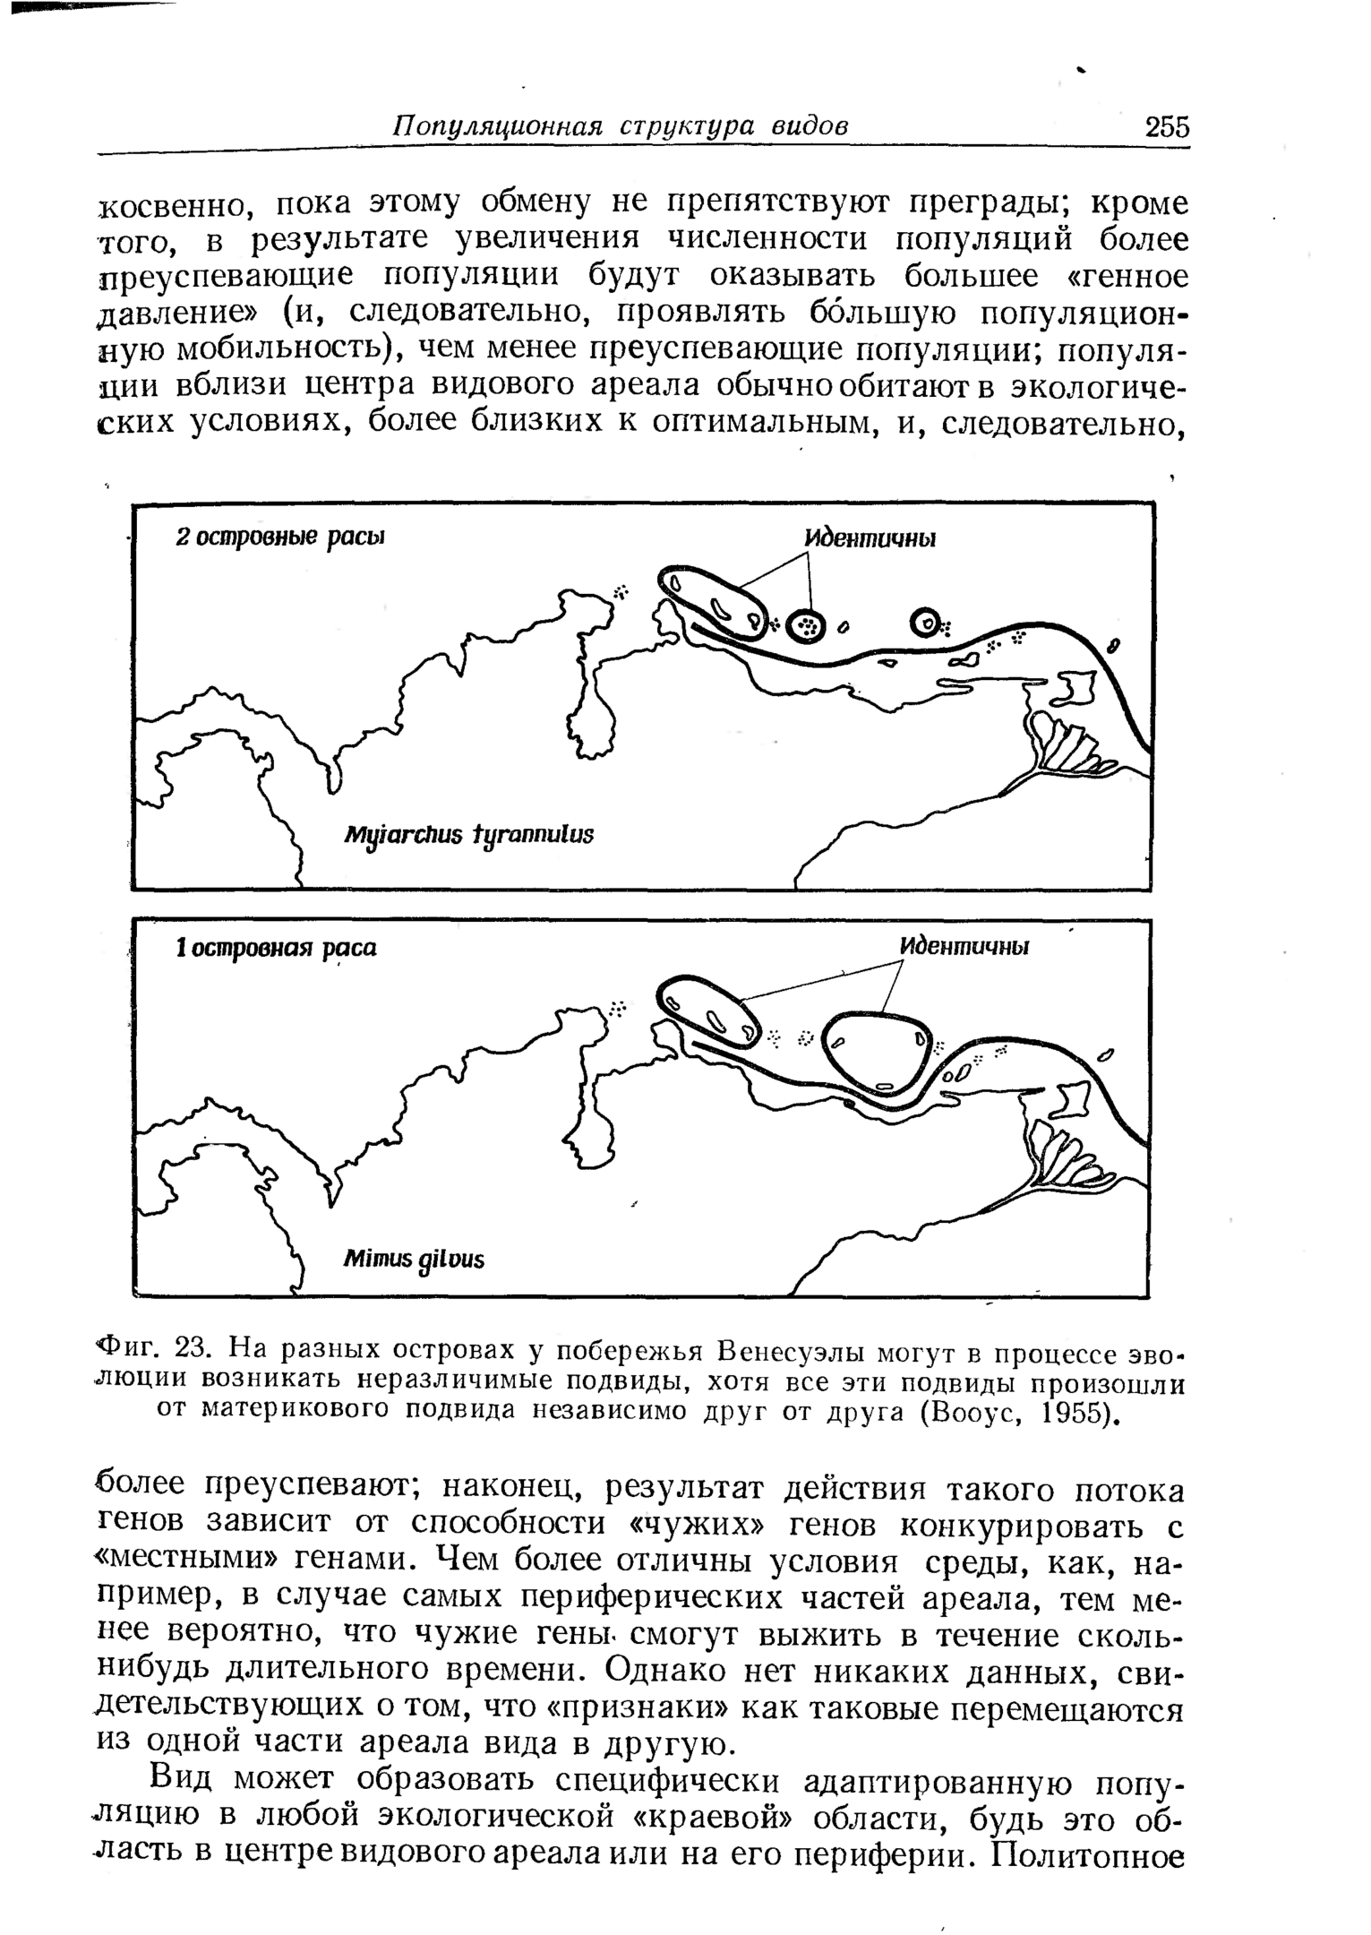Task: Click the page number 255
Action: point(1167,126)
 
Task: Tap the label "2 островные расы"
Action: point(279,537)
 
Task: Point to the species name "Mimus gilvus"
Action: point(414,1259)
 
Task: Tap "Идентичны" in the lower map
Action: point(964,947)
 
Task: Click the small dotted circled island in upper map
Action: point(808,626)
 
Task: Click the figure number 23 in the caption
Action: point(194,1346)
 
